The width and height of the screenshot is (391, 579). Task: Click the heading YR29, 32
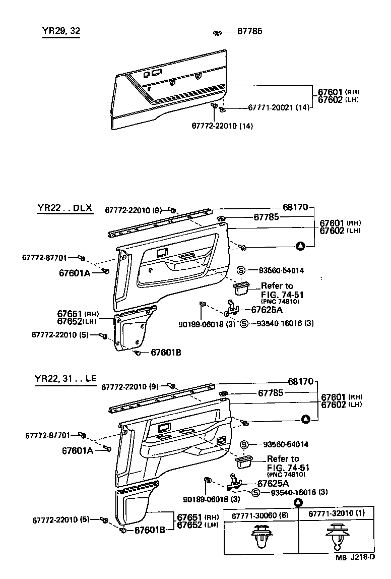pos(61,31)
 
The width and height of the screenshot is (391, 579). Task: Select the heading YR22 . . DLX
pos(65,208)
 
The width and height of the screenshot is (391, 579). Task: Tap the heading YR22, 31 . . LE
pos(66,379)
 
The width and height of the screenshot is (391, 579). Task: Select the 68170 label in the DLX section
pos(294,207)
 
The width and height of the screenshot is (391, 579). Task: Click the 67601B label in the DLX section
pos(166,353)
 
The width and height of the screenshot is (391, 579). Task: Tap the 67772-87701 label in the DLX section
pos(44,257)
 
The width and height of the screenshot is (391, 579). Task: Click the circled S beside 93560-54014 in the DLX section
pos(241,270)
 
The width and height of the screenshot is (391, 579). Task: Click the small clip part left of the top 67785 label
pos(217,33)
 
